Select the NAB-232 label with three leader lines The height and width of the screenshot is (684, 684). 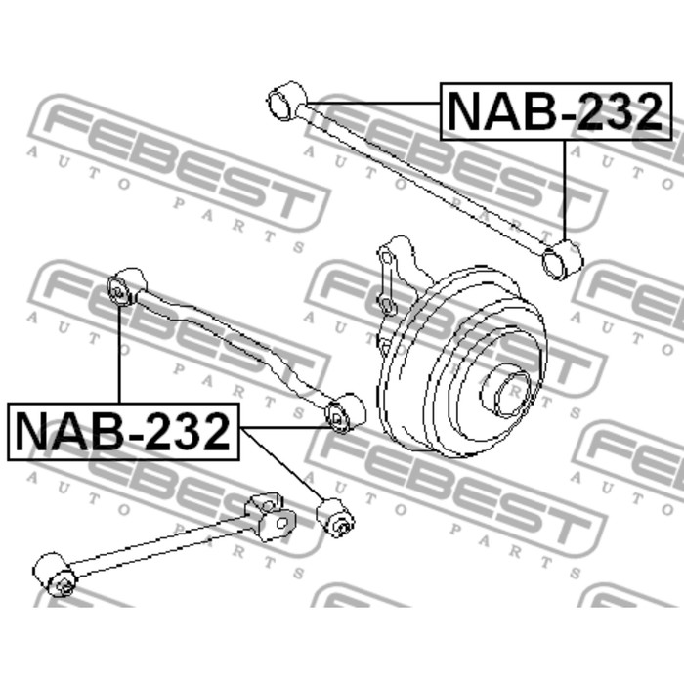(x=124, y=431)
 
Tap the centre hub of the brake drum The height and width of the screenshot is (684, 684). (x=510, y=386)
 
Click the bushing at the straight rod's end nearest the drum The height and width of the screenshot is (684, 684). (x=561, y=259)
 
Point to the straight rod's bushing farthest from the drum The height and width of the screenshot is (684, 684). (x=285, y=100)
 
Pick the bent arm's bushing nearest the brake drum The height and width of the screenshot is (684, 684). (x=344, y=413)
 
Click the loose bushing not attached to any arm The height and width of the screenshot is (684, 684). (x=336, y=517)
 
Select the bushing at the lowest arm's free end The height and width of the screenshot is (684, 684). (x=55, y=576)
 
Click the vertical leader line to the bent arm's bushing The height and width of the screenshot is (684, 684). (x=119, y=352)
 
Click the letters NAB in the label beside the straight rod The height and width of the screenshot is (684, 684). (x=498, y=112)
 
